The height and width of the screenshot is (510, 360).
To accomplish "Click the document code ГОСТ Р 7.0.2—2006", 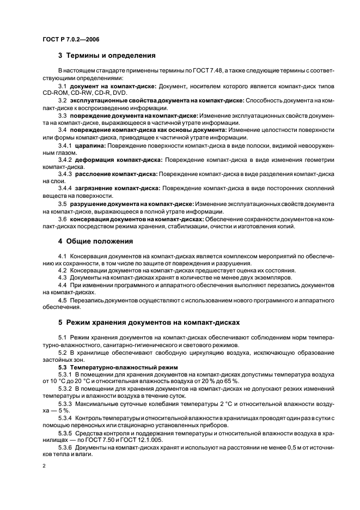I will [x=68, y=39].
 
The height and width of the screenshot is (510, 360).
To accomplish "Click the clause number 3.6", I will [x=62, y=218].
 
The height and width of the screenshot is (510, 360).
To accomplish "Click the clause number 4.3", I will [x=62, y=277].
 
